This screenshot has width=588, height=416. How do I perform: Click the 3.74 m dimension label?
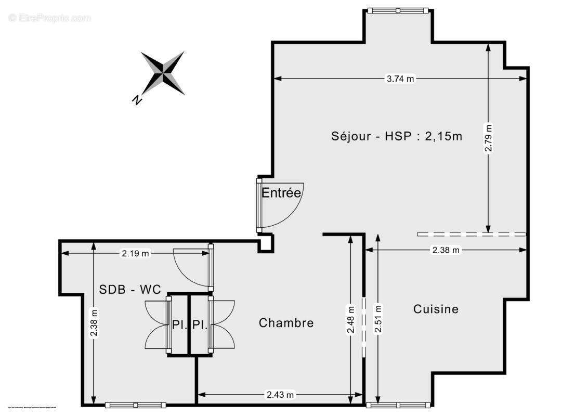point(400,79)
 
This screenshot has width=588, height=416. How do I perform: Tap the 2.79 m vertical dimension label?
point(488,137)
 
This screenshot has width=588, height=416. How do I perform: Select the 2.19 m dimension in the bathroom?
point(135,254)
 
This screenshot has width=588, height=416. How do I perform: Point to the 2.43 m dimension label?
point(280,395)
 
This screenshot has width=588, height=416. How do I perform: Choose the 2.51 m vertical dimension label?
point(377,319)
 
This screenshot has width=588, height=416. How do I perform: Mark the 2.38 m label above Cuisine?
point(446,250)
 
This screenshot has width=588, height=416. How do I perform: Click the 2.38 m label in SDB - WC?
point(94,324)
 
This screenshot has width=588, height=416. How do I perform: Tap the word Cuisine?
point(436,309)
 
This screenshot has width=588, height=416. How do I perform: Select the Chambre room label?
point(286,323)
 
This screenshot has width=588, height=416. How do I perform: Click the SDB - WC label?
point(130,290)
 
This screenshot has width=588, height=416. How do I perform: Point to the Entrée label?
point(281,193)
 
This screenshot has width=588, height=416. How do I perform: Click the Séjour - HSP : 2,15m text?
point(397,136)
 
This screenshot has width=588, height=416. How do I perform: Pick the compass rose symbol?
point(163,73)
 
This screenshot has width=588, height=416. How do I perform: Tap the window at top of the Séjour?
point(398,10)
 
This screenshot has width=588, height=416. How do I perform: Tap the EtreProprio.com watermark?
point(49,18)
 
